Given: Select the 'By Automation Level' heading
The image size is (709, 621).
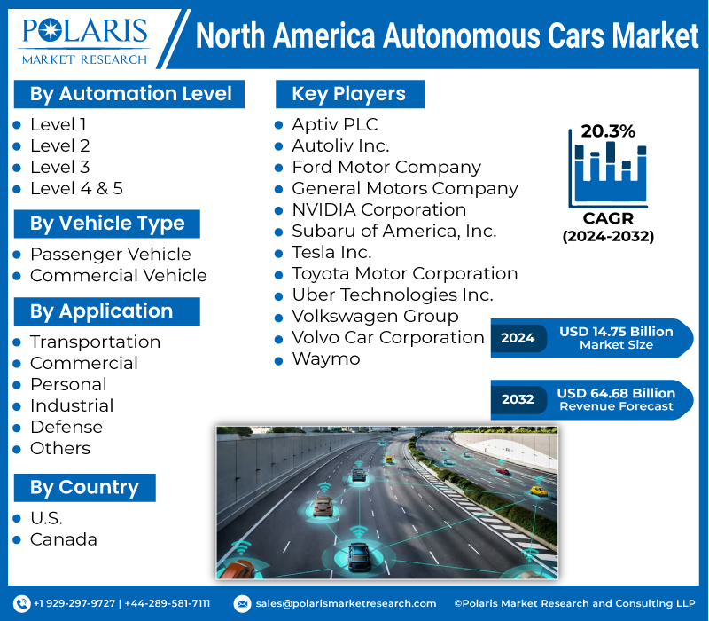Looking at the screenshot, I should click(x=130, y=94).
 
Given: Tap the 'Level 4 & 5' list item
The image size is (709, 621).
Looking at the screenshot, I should click(x=76, y=188).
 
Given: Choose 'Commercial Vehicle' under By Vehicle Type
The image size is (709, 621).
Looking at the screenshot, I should click(x=118, y=276).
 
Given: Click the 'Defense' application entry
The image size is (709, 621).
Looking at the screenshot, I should click(x=66, y=427).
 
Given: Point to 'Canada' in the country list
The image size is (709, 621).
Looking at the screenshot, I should click(x=64, y=539).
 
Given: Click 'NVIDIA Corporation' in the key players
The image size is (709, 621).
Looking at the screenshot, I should click(x=378, y=209).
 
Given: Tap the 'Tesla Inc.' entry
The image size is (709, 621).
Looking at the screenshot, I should click(x=331, y=252).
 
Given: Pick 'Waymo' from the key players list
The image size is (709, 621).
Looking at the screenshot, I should click(x=326, y=358).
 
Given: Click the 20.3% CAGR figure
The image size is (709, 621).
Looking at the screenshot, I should click(x=608, y=131).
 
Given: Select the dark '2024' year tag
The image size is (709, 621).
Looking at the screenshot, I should click(x=518, y=338).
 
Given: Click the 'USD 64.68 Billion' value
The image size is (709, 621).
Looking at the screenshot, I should click(x=616, y=393).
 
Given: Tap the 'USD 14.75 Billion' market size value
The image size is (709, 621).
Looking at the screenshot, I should click(x=616, y=332).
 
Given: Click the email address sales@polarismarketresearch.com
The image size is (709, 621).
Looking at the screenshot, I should click(x=346, y=603).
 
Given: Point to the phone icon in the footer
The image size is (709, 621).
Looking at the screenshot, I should click(x=22, y=603).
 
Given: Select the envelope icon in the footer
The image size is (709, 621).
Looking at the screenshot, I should click(x=242, y=603).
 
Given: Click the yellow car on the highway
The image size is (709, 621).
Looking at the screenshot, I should click(x=538, y=490).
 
